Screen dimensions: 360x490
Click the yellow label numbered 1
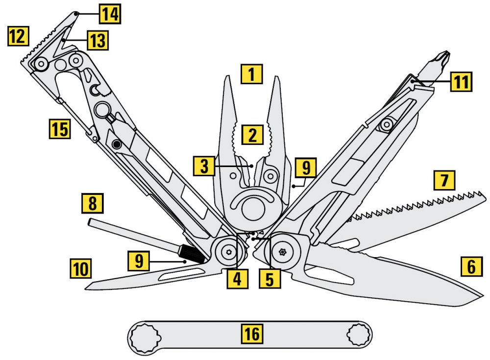tap(252, 74)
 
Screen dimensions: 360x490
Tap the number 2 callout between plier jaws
tap(252, 135)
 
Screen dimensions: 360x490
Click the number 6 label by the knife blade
tap(471, 267)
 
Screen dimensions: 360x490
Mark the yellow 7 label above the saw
tap(444, 180)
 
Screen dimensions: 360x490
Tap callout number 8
tap(93, 202)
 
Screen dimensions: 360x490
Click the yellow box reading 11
tap(461, 81)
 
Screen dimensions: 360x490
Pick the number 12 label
tap(18, 37)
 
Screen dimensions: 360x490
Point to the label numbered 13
tap(98, 40)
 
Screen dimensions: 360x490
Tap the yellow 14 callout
tap(110, 14)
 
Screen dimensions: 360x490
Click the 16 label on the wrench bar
tap(252, 334)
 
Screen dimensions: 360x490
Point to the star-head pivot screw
tap(282, 252)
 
